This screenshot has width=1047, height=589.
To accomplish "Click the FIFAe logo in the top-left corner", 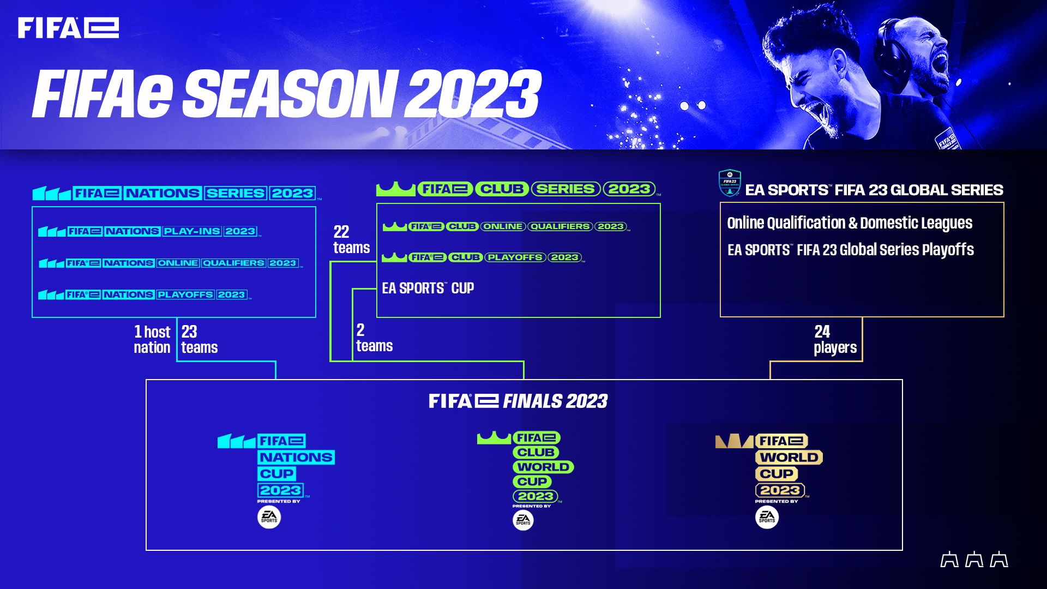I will point(68,28).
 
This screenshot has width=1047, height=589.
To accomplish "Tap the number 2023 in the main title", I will point(472,94).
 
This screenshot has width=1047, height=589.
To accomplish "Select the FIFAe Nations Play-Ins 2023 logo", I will point(149,231).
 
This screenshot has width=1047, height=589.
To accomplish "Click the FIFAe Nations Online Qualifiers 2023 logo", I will point(170,263).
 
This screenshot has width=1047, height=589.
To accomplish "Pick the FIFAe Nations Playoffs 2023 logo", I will point(144,294).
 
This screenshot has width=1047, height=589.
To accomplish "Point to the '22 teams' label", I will point(351,239).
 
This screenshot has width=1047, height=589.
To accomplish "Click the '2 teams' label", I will point(374,338).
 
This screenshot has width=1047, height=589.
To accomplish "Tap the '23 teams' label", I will point(199,339).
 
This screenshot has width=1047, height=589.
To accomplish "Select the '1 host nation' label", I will point(152,339).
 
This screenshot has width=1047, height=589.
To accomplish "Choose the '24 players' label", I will point(834,339).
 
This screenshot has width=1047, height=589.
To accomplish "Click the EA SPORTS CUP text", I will point(428,288).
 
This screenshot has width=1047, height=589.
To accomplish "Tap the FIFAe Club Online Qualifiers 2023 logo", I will point(506,226).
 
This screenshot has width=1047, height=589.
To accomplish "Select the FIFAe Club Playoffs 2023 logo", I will point(483,257).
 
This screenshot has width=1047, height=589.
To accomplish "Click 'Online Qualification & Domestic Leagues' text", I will point(849,223).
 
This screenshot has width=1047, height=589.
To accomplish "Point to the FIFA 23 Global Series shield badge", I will point(729,183).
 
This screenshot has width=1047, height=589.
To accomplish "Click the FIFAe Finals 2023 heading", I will point(518,401).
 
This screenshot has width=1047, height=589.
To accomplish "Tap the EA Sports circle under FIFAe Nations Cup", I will point(269,517).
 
